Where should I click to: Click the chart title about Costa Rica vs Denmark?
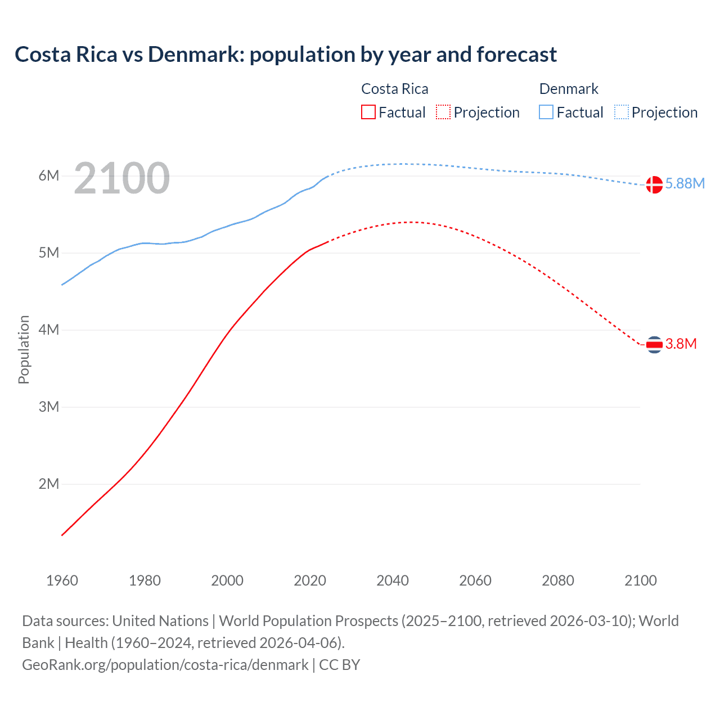tap(286, 55)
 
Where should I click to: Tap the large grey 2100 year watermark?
tap(121, 178)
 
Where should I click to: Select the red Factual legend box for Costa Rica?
tap(368, 112)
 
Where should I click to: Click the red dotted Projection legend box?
tap(443, 112)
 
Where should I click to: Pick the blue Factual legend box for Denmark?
tap(546, 112)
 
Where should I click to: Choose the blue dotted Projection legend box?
tap(622, 112)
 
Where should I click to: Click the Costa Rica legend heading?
tap(394, 89)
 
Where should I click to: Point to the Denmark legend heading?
tap(569, 89)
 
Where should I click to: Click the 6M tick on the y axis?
tap(49, 175)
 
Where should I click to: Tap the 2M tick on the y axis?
tap(49, 484)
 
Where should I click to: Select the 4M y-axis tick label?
tap(49, 330)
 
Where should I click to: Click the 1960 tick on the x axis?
tap(62, 580)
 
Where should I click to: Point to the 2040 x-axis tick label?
tap(393, 580)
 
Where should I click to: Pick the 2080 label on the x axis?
tap(558, 580)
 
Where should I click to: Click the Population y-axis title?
tap(24, 350)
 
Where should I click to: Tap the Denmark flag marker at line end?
tap(654, 184)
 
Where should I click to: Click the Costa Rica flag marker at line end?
tap(654, 344)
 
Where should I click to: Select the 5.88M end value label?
tap(685, 184)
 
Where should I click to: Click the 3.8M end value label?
tap(681, 344)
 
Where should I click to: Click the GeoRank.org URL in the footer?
tap(165, 665)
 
